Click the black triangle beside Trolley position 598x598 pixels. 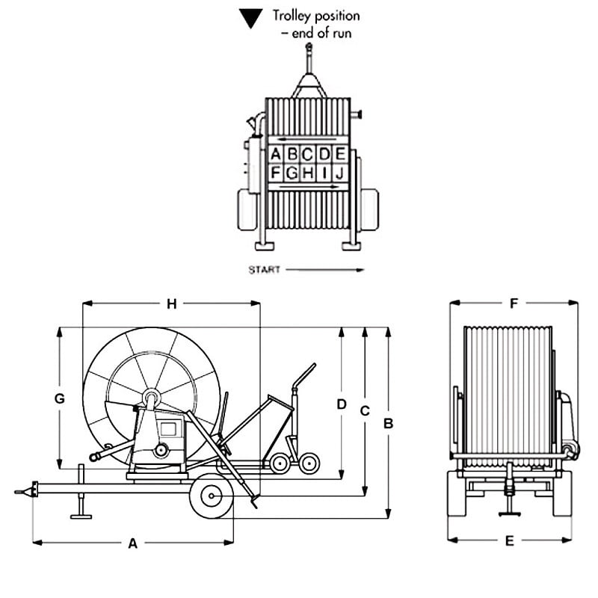[250, 16]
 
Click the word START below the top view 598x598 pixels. [264, 270]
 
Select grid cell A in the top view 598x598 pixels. [276, 155]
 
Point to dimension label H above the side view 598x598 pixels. [171, 303]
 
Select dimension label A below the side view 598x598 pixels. [133, 544]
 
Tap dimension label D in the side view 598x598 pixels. [342, 404]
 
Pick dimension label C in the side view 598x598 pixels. [365, 410]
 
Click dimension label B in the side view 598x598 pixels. [388, 423]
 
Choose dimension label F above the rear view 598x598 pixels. [513, 303]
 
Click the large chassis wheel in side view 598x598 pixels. [212, 496]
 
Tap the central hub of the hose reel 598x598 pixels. [151, 398]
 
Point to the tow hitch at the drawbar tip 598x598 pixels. [22, 491]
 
